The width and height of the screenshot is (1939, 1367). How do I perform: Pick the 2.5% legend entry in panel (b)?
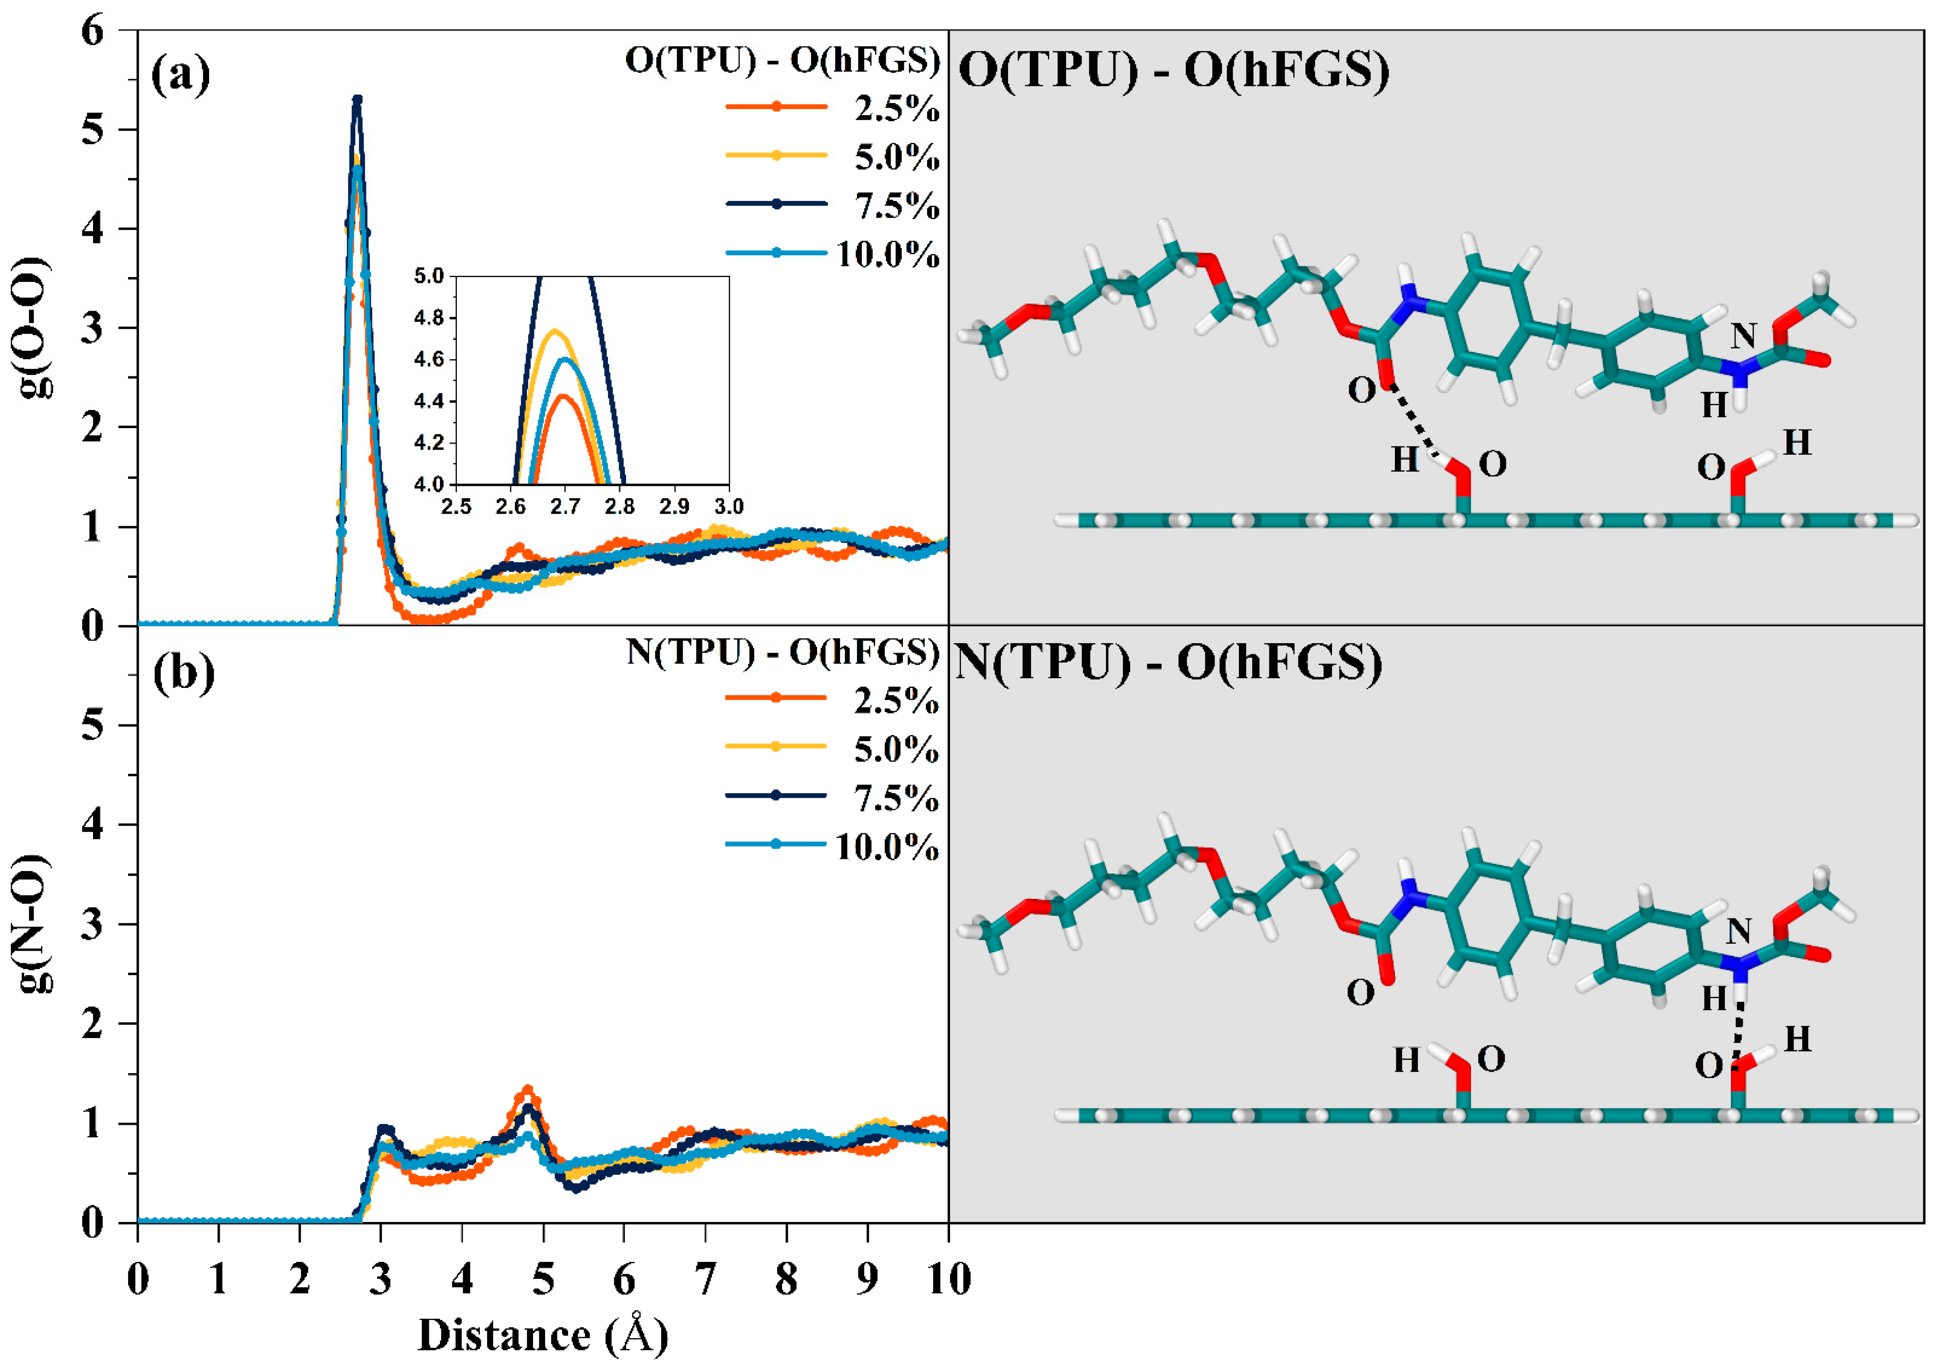832,699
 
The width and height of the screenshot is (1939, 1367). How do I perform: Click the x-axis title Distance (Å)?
543,1335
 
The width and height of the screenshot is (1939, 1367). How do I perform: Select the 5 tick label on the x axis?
543,1278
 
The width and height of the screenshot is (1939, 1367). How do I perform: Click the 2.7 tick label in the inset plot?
565,506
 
